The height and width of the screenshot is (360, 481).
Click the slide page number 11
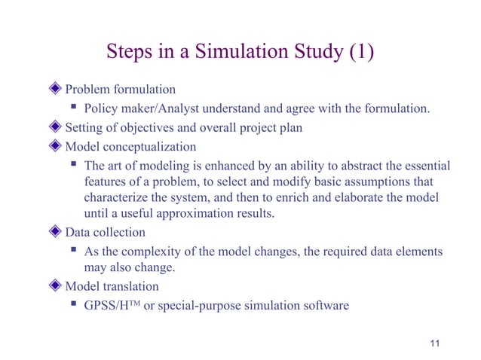(x=432, y=343)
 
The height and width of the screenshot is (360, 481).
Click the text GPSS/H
(x=112, y=305)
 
